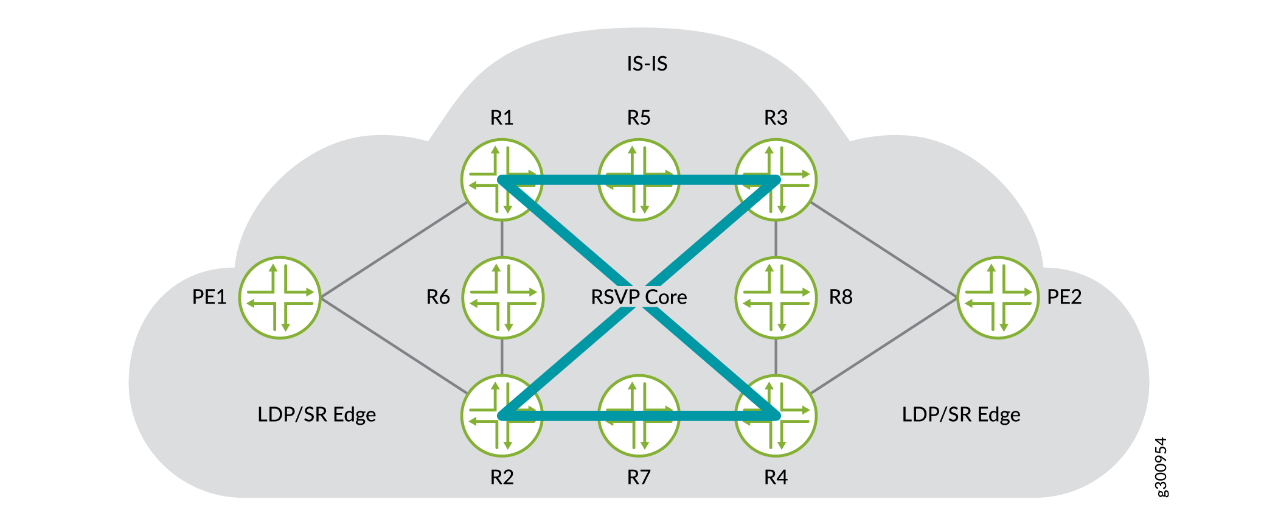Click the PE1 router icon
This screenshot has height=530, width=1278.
pyautogui.click(x=280, y=298)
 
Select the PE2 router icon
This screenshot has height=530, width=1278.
pyautogui.click(x=998, y=298)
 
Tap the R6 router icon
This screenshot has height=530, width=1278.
pyautogui.click(x=502, y=298)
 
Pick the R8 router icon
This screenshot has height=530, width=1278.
pyautogui.click(x=776, y=298)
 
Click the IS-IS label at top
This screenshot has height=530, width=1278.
pyautogui.click(x=647, y=63)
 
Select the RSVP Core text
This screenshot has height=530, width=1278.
pyautogui.click(x=639, y=297)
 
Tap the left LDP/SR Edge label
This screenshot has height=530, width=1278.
pyautogui.click(x=316, y=414)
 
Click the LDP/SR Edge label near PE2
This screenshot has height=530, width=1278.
pyautogui.click(x=960, y=414)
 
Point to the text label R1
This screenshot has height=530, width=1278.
pyautogui.click(x=502, y=117)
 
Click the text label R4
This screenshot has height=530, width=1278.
pyautogui.click(x=776, y=478)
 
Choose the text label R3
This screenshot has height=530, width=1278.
pyautogui.click(x=776, y=117)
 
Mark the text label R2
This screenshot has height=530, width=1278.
pyautogui.click(x=502, y=478)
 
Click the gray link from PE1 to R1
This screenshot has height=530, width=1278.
pyautogui.click(x=394, y=250)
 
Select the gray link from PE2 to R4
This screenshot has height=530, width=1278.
pyautogui.click(x=883, y=345)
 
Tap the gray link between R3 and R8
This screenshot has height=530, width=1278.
pyautogui.click(x=776, y=239)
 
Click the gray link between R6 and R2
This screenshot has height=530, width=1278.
pyautogui.click(x=502, y=357)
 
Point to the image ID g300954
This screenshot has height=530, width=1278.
pyautogui.click(x=1161, y=467)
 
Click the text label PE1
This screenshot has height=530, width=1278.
pyautogui.click(x=209, y=297)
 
